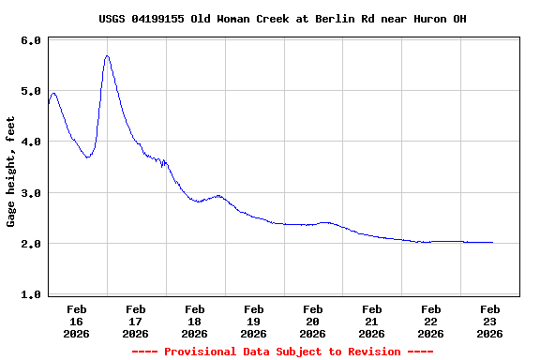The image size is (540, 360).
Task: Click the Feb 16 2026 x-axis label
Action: coord(77,321)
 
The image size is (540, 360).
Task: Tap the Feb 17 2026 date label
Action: coord(136,321)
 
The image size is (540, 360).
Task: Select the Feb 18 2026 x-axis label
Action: coord(195,321)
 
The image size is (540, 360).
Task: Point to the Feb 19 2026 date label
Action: coord(254,321)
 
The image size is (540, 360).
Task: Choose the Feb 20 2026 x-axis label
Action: coord(313,321)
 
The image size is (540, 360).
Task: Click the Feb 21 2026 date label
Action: coord(372,321)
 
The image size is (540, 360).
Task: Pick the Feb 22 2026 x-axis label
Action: coord(431,321)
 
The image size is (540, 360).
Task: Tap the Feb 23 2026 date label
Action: coord(490,321)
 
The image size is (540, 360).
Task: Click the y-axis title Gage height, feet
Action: coord(11,172)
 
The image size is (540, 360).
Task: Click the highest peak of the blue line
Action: coord(107,56)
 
